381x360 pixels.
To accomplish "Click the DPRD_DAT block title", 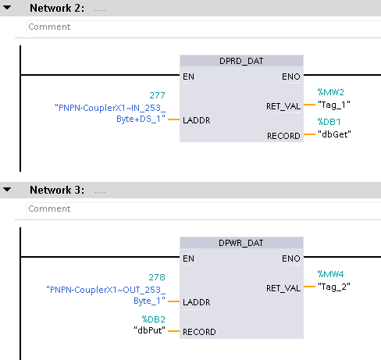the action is pos(241,61).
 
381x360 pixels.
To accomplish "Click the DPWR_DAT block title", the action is pos(241,243).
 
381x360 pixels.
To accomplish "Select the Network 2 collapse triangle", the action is pos(7,8).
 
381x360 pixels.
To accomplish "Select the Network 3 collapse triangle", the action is pos(7,190).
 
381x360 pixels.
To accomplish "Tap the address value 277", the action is pos(157,95).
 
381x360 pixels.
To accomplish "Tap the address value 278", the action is pos(157,277).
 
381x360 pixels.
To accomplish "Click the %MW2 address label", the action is pos(331,92).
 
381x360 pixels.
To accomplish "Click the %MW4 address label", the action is pos(330,274).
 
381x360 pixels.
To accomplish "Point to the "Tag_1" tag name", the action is pos(334,105).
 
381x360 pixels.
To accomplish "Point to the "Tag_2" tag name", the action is pos(334,287).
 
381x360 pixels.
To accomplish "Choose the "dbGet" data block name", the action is pos(334,134).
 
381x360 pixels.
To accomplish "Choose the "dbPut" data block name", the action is pos(149,330).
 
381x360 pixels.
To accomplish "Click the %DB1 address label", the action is pos(329,122).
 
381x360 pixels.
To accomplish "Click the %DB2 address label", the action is pos(154,319).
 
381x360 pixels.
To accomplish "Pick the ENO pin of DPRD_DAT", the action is pos(291,77).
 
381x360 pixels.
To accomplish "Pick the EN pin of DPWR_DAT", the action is pos(188,258).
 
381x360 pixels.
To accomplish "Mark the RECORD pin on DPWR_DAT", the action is pos(199,332).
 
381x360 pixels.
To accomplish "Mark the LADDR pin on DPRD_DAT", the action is pos(197,120).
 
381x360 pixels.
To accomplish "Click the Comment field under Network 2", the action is pos(203,27).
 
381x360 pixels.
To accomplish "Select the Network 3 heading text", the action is pos(57,190).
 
